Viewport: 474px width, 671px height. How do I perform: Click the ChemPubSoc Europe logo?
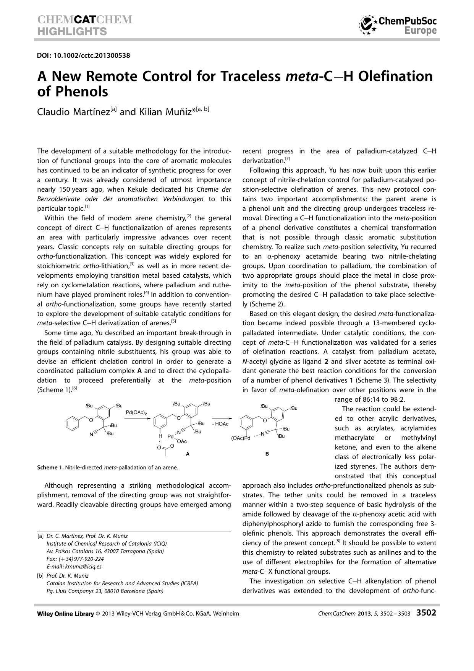click(x=398, y=25)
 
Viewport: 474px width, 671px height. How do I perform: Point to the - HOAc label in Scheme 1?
click(x=220, y=424)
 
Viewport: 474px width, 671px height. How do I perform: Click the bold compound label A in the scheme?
click(x=188, y=454)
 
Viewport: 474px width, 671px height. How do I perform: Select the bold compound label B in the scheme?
click(x=267, y=454)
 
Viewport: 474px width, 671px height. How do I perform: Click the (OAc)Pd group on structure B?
click(x=241, y=438)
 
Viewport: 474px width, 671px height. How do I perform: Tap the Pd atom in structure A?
click(x=171, y=436)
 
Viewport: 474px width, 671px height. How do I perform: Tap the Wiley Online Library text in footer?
click(x=65, y=614)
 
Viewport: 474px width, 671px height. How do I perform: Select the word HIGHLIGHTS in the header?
click(x=72, y=31)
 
